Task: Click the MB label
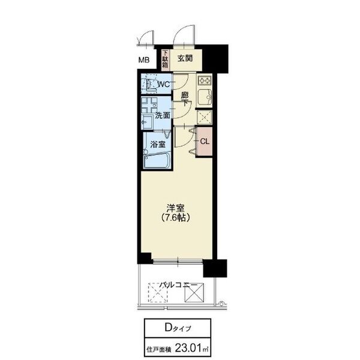(x=144, y=60)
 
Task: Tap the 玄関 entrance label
(x=185, y=59)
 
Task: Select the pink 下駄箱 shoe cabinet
(x=165, y=60)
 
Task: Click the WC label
(x=164, y=84)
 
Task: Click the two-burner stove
(x=205, y=80)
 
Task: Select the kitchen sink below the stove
(x=205, y=97)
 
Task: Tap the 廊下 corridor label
(x=185, y=99)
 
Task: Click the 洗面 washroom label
(x=163, y=115)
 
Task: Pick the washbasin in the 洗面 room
(x=147, y=122)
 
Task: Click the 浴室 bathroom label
(x=158, y=145)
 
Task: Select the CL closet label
(x=205, y=142)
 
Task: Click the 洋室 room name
(x=176, y=208)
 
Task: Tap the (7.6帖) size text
(x=176, y=217)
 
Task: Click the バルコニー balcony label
(x=178, y=285)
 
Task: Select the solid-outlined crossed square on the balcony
(x=194, y=293)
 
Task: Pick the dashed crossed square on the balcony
(x=158, y=293)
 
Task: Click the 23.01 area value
(x=188, y=348)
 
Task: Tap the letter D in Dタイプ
(x=168, y=328)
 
